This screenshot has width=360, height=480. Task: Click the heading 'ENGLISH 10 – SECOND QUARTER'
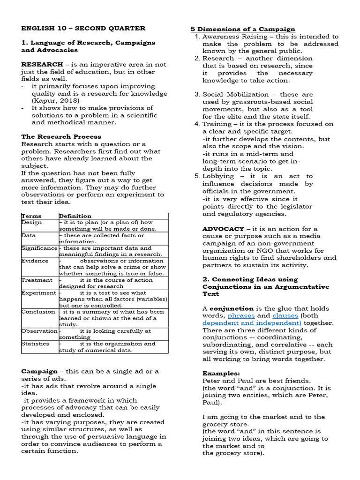[x=83, y=28]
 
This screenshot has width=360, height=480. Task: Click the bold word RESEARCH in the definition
[x=42, y=64]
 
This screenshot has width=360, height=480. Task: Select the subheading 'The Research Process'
[x=61, y=137]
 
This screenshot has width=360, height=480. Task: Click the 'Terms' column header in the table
[x=31, y=216]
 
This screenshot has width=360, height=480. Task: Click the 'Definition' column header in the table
[x=75, y=216]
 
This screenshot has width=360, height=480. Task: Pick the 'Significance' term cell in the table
[x=39, y=248]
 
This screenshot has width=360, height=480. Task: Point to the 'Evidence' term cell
[x=35, y=261]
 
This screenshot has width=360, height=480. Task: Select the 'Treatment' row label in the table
[x=37, y=280]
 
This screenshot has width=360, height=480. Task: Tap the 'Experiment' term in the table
[x=38, y=292]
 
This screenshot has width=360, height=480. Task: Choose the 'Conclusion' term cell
[x=38, y=312]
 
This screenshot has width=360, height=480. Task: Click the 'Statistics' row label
[x=35, y=344]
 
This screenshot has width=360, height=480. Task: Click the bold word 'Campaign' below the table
[x=38, y=371]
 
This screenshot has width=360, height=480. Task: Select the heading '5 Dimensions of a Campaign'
[x=242, y=29]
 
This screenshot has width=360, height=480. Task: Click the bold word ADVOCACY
[x=223, y=229]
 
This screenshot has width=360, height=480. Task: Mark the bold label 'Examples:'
[x=221, y=374]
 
